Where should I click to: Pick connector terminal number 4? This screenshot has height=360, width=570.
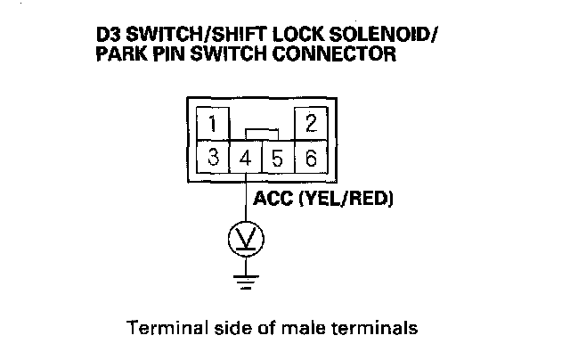(246, 160)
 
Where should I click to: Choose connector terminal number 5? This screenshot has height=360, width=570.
(278, 160)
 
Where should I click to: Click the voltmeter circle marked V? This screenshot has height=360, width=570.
(246, 238)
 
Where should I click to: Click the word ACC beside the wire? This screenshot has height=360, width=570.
(274, 197)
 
